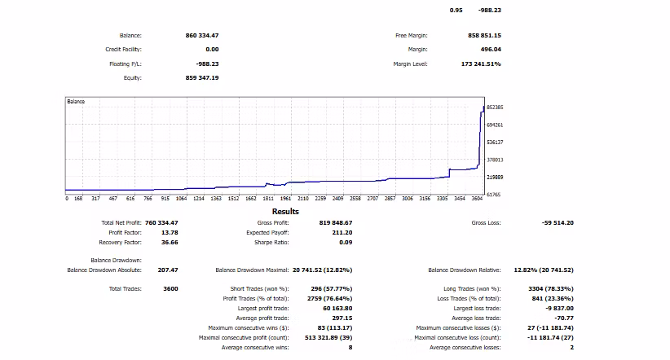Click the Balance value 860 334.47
coord(201,36)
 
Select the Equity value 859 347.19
coord(201,77)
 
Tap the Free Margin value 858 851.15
coord(484,36)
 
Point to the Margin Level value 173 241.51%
coord(481,64)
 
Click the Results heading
coord(285,212)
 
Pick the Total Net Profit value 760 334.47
coord(161,223)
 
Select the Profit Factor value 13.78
coord(170,233)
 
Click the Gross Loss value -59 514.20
coord(558,223)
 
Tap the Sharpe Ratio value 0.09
coord(346,243)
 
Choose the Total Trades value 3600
coord(170,289)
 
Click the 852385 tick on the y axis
coord(495,108)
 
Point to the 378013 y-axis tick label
coord(495,160)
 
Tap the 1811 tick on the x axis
coord(268,199)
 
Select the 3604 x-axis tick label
coord(477,199)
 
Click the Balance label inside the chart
coord(76,102)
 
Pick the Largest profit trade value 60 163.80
coord(337,309)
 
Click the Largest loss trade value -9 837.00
coord(559,309)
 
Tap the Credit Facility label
coord(124,50)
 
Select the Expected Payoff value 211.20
coord(342,233)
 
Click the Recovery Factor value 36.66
coord(170,243)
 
